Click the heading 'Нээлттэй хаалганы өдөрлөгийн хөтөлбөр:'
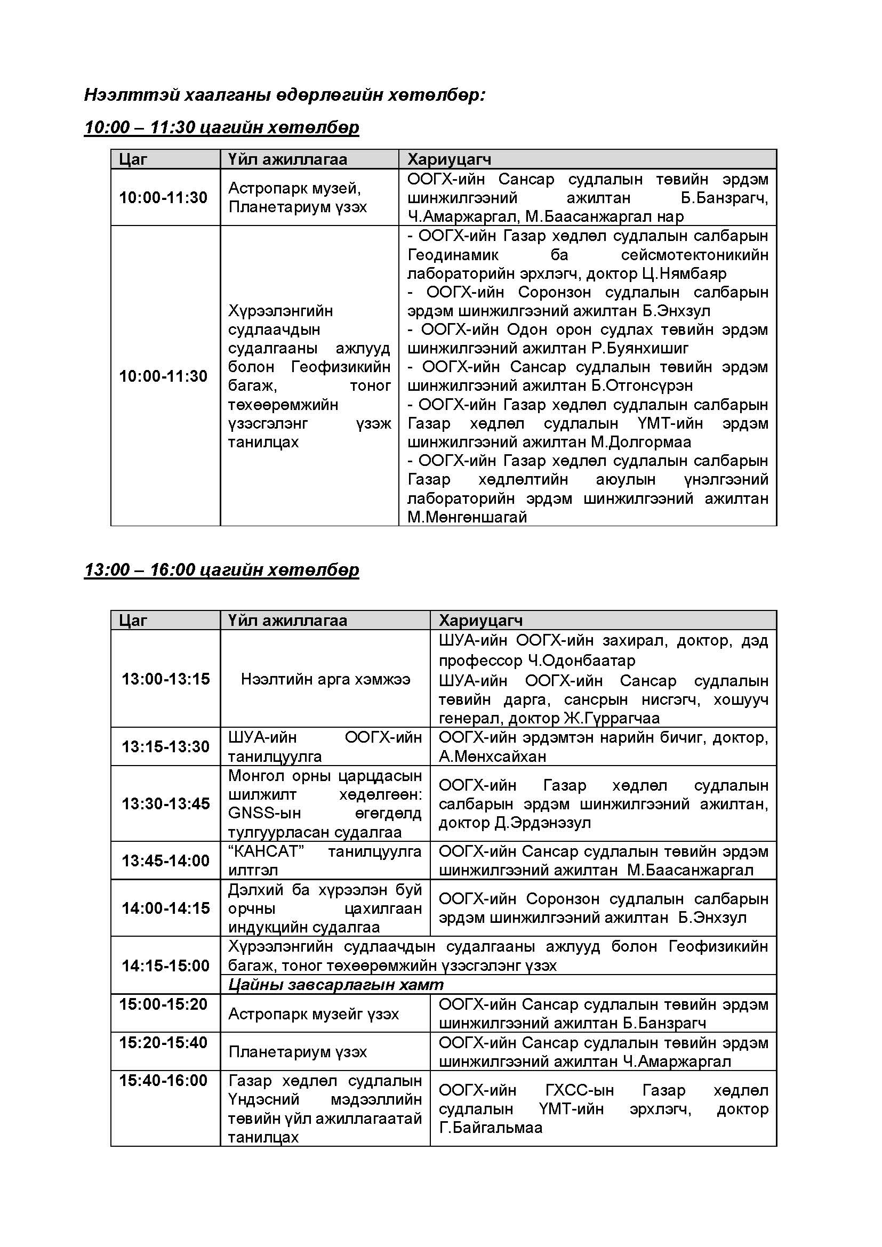pyautogui.click(x=285, y=95)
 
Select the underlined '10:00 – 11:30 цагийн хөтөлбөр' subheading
pyautogui.click(x=222, y=127)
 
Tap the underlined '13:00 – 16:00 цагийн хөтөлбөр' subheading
pyautogui.click(x=222, y=570)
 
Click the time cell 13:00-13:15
pyautogui.click(x=166, y=679)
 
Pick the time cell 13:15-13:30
pyautogui.click(x=166, y=747)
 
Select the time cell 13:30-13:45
pyautogui.click(x=166, y=804)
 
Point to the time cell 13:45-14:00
pyautogui.click(x=166, y=861)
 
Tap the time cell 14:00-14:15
pyautogui.click(x=166, y=908)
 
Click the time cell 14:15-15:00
pyautogui.click(x=166, y=965)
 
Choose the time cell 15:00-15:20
pyautogui.click(x=164, y=1004)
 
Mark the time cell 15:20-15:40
pyautogui.click(x=164, y=1042)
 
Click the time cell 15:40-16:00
pyautogui.click(x=164, y=1080)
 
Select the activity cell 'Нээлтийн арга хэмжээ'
pyautogui.click(x=325, y=679)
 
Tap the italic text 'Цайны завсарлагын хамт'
pyautogui.click(x=335, y=984)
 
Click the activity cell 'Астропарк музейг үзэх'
pyautogui.click(x=314, y=1013)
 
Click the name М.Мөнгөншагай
pyautogui.click(x=467, y=517)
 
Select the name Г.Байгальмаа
pyautogui.click(x=491, y=1128)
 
